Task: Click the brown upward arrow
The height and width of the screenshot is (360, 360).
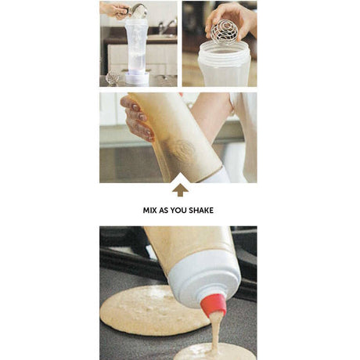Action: [180, 189]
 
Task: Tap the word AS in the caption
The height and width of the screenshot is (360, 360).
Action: [164, 211]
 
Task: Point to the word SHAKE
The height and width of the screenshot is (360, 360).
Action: [201, 211]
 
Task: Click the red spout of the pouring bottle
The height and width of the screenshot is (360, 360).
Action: [214, 304]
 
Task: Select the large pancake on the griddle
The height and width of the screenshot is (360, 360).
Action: [154, 310]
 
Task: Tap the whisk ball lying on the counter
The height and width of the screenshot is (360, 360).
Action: [112, 77]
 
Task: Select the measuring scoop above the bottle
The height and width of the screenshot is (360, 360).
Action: [138, 11]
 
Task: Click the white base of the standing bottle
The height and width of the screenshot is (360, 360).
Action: [137, 78]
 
